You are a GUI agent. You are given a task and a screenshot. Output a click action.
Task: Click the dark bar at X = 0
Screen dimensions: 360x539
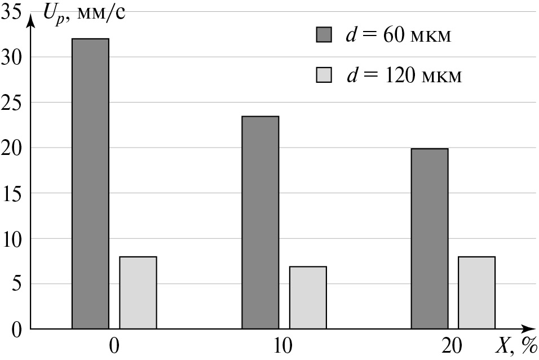(90, 184)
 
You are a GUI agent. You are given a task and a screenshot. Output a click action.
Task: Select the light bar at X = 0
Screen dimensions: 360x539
(138, 292)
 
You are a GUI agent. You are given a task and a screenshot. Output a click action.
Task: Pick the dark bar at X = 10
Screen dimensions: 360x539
(260, 222)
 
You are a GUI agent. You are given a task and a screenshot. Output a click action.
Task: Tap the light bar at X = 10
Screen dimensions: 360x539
(308, 297)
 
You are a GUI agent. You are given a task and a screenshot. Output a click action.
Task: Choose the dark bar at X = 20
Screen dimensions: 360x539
(429, 238)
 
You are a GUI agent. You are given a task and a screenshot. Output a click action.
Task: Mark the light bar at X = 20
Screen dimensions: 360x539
(476, 292)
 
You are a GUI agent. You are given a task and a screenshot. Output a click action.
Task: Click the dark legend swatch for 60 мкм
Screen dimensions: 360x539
(324, 35)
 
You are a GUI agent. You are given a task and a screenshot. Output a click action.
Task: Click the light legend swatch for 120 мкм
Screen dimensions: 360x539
(324, 74)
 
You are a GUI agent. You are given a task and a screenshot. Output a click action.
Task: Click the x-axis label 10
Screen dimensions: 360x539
(284, 345)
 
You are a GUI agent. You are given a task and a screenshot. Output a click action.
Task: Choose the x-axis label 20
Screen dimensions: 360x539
(453, 345)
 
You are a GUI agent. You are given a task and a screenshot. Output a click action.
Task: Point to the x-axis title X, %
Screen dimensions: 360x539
(515, 345)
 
